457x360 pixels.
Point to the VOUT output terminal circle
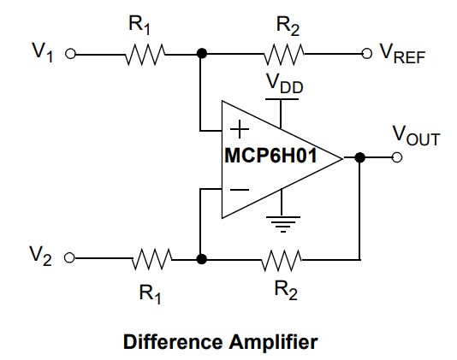pyautogui.click(x=395, y=158)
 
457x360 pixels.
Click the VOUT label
pyautogui.click(x=415, y=135)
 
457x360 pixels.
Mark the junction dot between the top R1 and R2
pyautogui.click(x=201, y=54)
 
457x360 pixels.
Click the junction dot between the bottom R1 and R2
pyautogui.click(x=201, y=257)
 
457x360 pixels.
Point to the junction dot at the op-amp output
pyautogui.click(x=360, y=158)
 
